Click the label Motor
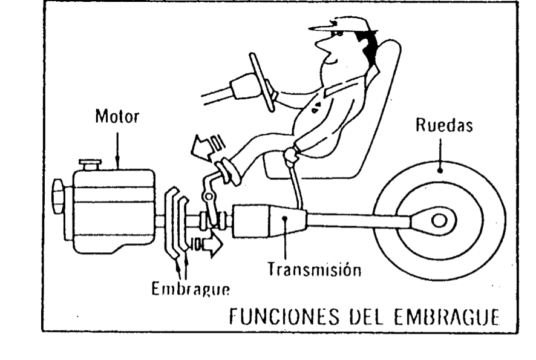116,117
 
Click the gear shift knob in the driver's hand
292,155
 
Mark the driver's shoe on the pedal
228,172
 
